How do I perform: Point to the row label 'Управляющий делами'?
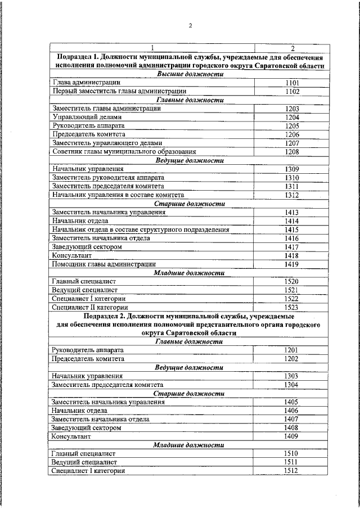(x=85, y=117)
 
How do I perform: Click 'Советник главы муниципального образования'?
(x=124, y=152)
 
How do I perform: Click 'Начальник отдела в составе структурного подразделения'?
(x=141, y=229)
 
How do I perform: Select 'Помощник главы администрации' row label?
(x=103, y=264)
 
